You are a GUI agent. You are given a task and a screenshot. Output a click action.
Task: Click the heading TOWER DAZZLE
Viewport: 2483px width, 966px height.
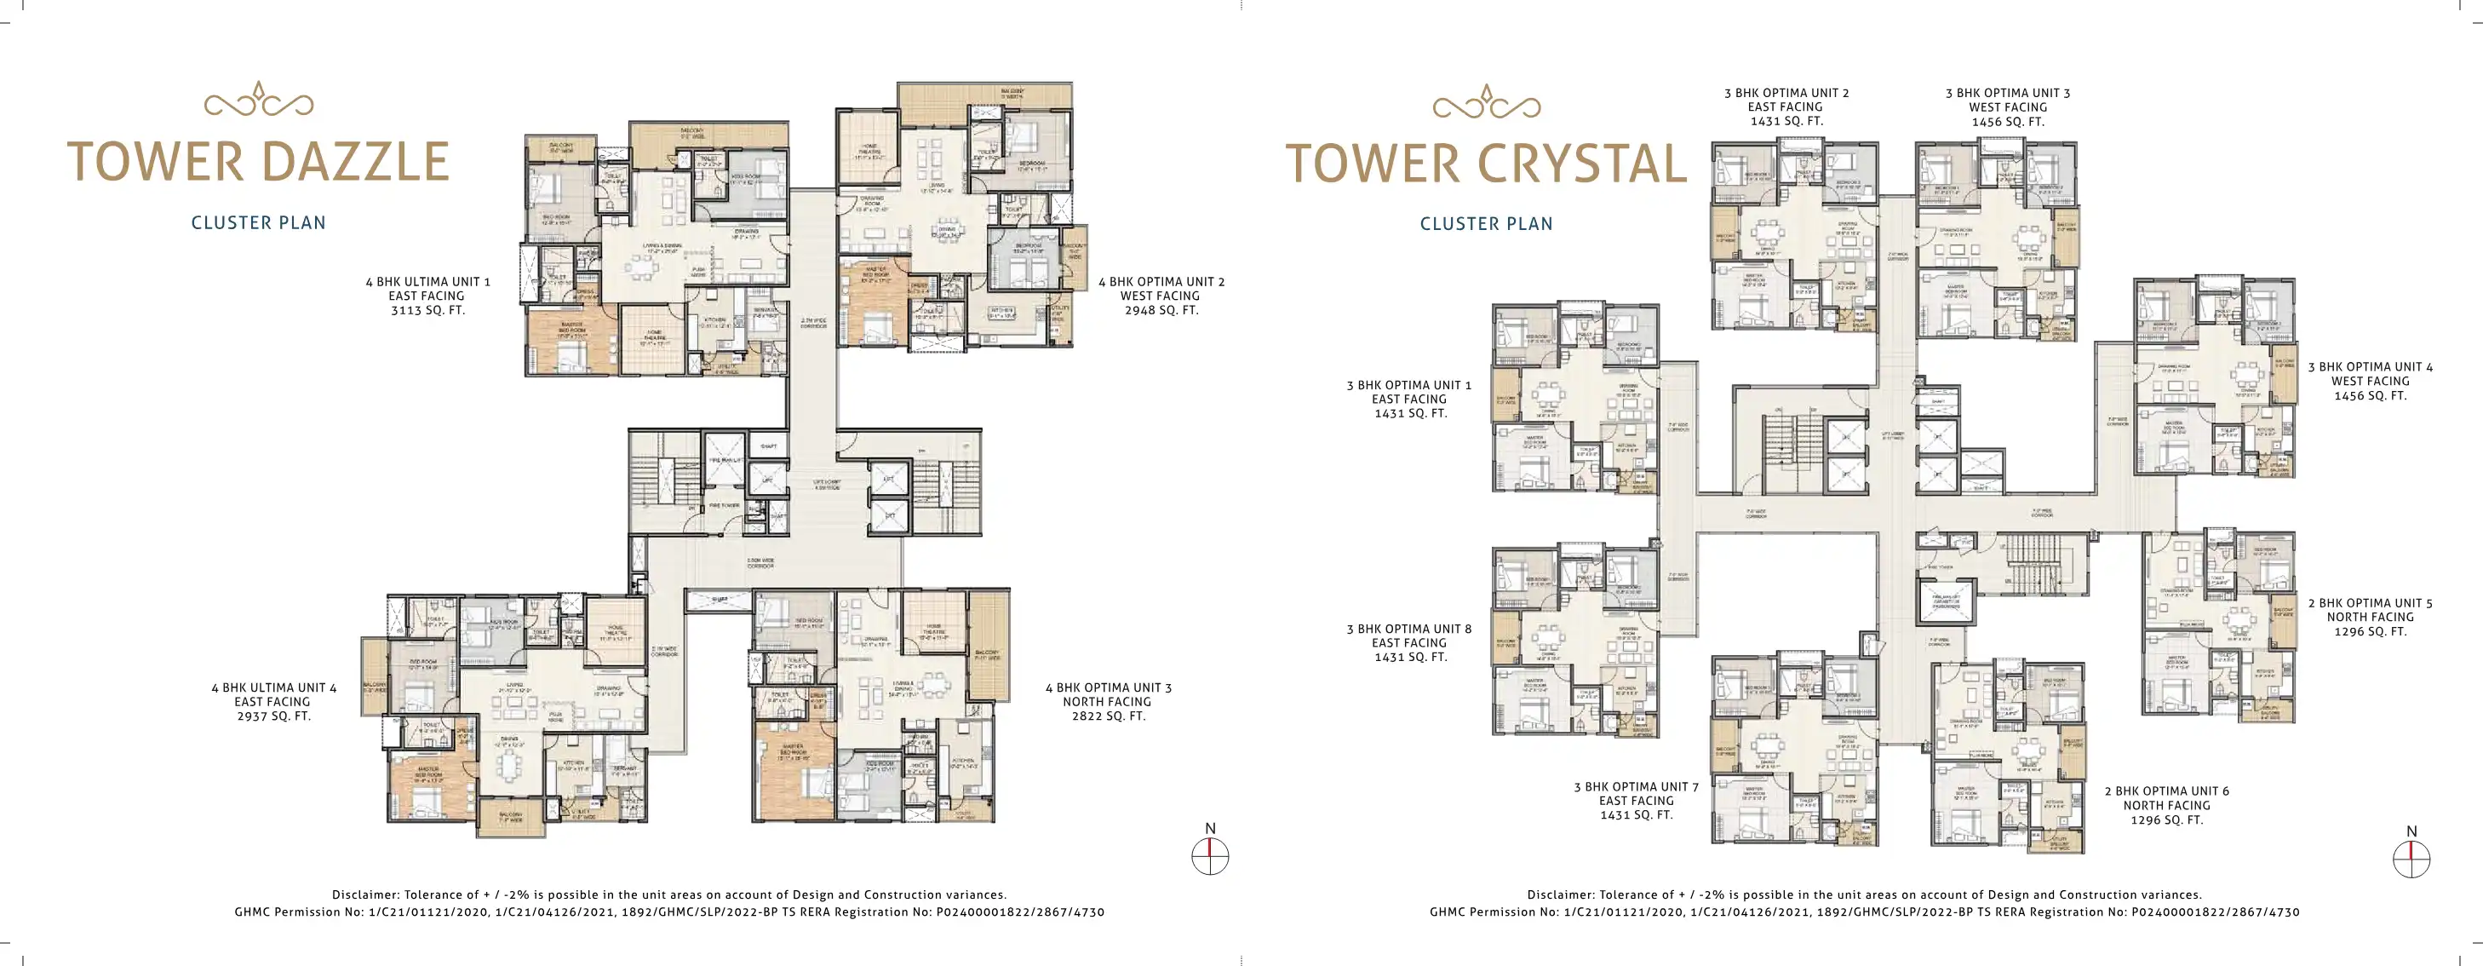[258, 162]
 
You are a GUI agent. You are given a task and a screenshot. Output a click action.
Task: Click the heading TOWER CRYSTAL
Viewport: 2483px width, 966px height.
[1485, 164]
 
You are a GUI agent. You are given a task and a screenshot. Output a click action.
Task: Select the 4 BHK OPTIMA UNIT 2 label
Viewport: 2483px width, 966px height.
[1161, 281]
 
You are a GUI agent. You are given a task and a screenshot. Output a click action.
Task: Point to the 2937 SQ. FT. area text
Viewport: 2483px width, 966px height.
[273, 716]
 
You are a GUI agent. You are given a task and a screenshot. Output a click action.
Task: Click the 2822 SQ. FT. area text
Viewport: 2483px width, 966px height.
[1109, 716]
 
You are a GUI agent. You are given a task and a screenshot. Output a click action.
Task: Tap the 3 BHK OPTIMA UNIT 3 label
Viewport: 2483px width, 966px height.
[2007, 94]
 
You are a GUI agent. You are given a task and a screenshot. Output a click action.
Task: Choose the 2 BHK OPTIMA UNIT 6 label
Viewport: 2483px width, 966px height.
[2166, 791]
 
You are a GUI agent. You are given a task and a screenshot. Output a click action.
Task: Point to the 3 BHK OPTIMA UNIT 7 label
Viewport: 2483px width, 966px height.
[1636, 786]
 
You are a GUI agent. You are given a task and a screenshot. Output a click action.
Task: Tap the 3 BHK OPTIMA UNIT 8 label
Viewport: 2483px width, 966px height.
[1408, 629]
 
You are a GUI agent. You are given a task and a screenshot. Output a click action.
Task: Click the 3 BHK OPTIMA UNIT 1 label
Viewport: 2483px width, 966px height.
[1408, 385]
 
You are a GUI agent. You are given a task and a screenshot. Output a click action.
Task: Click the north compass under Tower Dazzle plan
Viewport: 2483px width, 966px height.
[1210, 855]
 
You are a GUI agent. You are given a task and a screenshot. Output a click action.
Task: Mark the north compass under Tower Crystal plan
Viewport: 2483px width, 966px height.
[2411, 858]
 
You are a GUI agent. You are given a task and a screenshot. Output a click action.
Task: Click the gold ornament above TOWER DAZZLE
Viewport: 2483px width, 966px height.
[258, 101]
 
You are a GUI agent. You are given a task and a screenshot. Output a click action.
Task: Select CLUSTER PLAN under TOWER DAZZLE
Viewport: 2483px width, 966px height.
[258, 222]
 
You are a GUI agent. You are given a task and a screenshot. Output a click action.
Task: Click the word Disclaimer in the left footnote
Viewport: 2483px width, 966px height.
[364, 894]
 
